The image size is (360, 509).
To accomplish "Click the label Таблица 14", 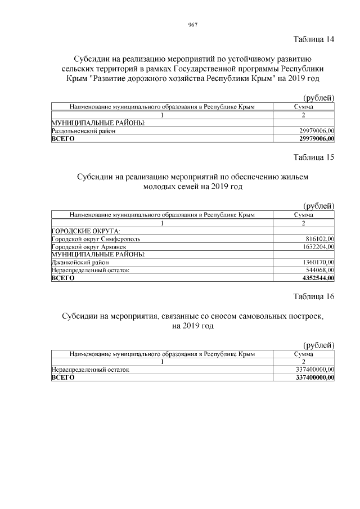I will pos(314,39).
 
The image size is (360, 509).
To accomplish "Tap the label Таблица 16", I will pos(314,296).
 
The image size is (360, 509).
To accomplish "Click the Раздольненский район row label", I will pos(84,130).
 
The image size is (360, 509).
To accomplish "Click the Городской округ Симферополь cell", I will pos(96,238).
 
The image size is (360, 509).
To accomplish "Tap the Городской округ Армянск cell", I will pos(89,246).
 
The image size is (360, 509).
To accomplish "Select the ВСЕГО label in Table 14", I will pos(63,138).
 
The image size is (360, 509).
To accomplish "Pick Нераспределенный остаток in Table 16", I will pos(90,370).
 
